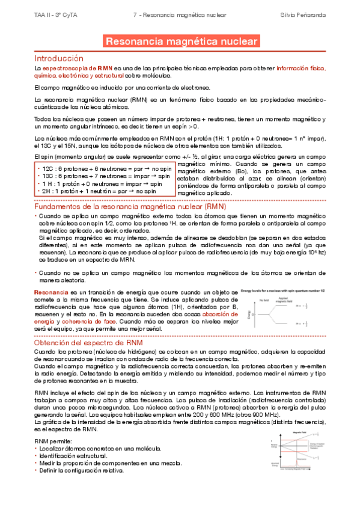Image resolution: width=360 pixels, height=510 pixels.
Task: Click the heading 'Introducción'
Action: [58, 58]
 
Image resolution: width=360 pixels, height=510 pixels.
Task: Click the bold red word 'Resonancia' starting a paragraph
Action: [51, 292]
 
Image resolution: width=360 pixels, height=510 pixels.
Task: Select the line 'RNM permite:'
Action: [53, 441]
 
